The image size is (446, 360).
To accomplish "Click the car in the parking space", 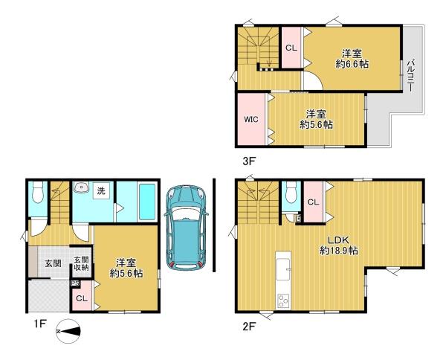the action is (x=186, y=228).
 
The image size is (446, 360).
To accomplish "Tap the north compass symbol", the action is (x=68, y=332).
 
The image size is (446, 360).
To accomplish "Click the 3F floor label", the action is (x=248, y=161).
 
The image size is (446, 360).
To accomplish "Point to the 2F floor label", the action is (x=249, y=327).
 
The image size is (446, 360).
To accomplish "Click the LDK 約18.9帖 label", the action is (x=339, y=245).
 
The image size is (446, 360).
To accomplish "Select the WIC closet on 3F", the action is (x=251, y=119).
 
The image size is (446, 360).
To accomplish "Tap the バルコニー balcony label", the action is (x=410, y=75).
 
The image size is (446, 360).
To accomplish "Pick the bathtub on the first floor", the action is (x=147, y=202).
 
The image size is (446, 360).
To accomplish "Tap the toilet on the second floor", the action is (x=291, y=193).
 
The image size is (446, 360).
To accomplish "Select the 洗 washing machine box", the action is (x=101, y=191).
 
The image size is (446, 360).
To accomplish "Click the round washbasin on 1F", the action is (x=82, y=187).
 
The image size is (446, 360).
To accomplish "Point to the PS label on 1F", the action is (x=75, y=283).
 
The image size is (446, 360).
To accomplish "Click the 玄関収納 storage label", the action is (x=81, y=263).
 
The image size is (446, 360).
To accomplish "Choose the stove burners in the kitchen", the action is (x=283, y=300).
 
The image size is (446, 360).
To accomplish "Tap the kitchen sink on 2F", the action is (x=283, y=270).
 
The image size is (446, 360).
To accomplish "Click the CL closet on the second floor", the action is (x=313, y=202).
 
